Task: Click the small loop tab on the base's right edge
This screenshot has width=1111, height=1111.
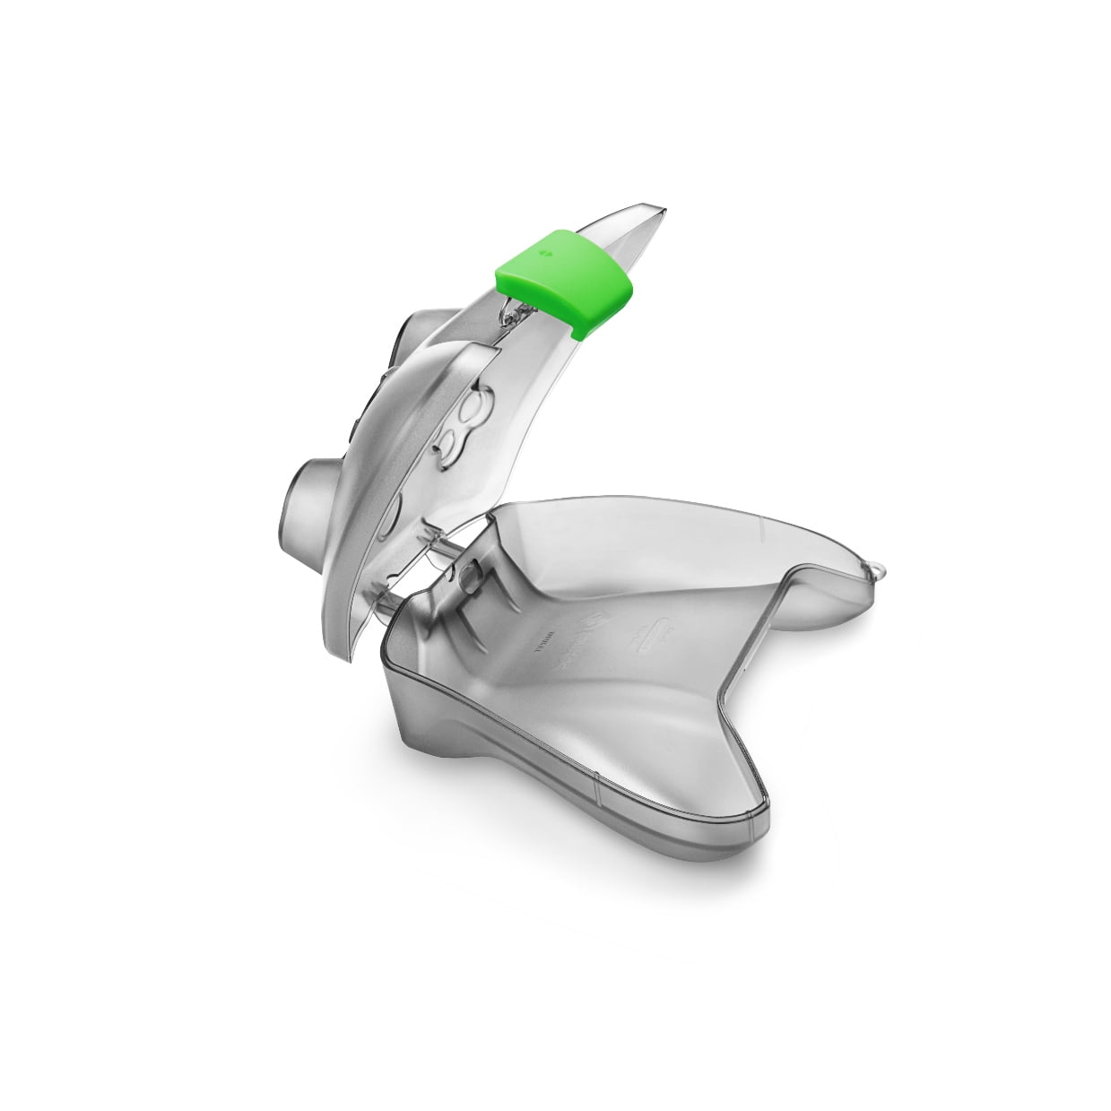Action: pos(881,568)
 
